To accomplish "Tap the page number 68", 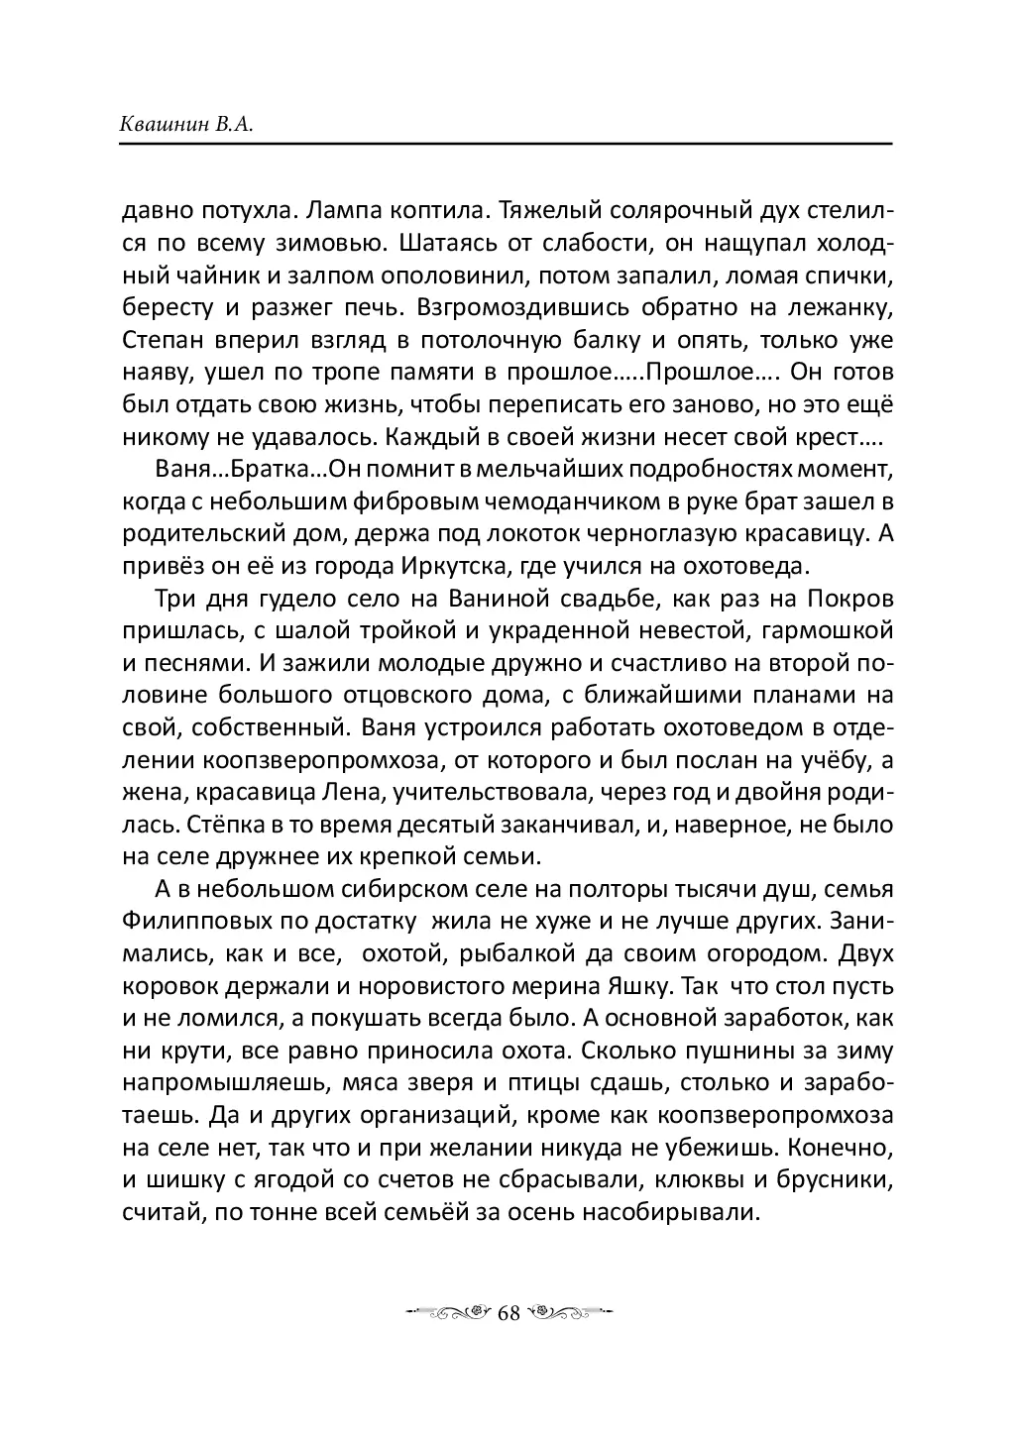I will point(508,1312).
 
